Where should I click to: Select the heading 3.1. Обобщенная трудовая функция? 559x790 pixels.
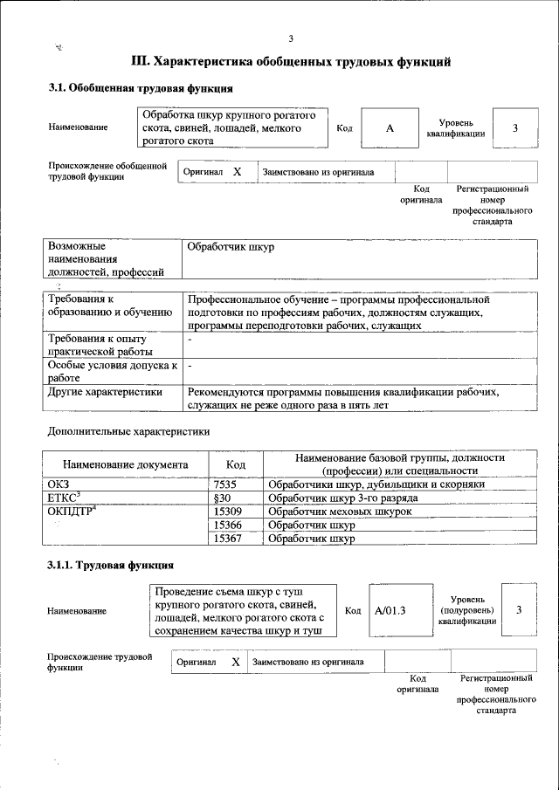coord(140,88)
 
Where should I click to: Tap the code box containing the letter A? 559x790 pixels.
coord(390,128)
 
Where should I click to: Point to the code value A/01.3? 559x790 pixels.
coord(390,610)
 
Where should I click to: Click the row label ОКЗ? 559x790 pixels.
coord(59,484)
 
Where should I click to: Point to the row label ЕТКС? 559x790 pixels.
coord(64,498)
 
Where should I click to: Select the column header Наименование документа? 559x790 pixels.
coord(125,464)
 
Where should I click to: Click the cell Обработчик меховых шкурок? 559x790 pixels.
coord(340,512)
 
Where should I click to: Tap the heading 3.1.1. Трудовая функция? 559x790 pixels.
coord(110,566)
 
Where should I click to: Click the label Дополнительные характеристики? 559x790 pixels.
coord(128,431)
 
